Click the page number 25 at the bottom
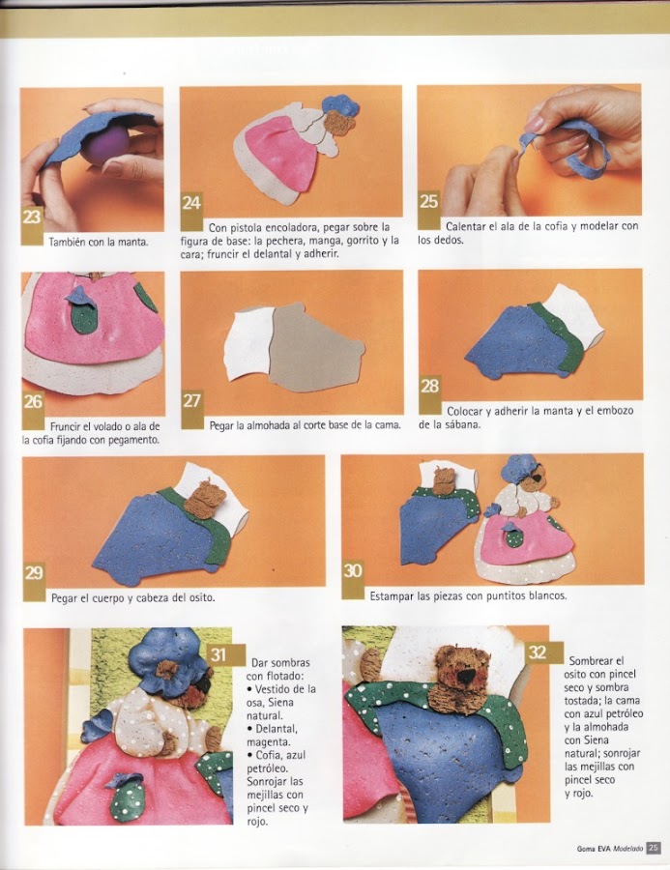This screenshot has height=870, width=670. tap(653, 848)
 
